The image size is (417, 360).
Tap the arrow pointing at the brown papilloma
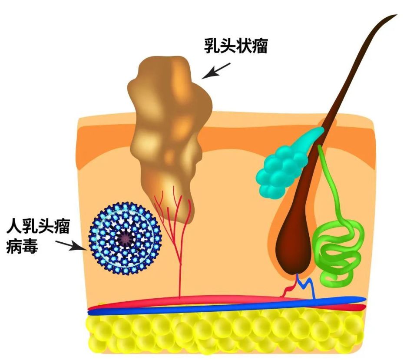click(x=216, y=71)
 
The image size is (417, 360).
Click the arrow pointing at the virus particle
click(x=71, y=245)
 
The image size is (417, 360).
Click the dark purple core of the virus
click(x=124, y=238)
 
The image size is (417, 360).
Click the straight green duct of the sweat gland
click(x=330, y=183)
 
